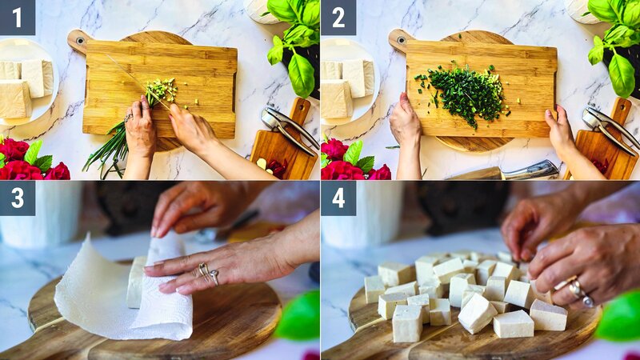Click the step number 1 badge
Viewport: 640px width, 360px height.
(17, 17)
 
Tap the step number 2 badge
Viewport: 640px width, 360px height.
(338, 17)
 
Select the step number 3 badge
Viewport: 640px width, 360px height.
(17, 198)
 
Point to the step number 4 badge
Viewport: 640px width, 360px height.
(338, 198)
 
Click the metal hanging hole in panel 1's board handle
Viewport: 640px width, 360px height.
(78, 37)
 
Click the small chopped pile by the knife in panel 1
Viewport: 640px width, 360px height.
(162, 90)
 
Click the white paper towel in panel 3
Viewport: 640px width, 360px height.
(120, 296)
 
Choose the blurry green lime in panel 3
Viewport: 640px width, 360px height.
(300, 317)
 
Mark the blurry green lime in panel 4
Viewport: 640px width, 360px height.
(621, 317)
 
